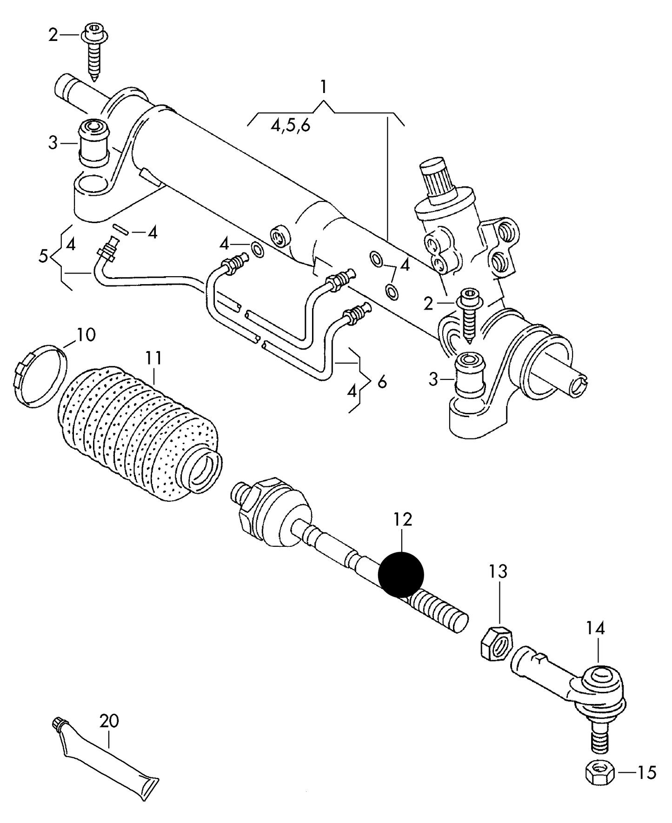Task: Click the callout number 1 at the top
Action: [323, 87]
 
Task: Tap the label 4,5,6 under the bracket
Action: [291, 126]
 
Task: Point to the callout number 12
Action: [402, 520]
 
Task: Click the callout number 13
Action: [498, 571]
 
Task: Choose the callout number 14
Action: [595, 628]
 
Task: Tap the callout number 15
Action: [646, 772]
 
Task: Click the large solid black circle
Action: [401, 575]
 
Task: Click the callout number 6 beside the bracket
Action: [382, 382]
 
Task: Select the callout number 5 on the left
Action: [43, 255]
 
